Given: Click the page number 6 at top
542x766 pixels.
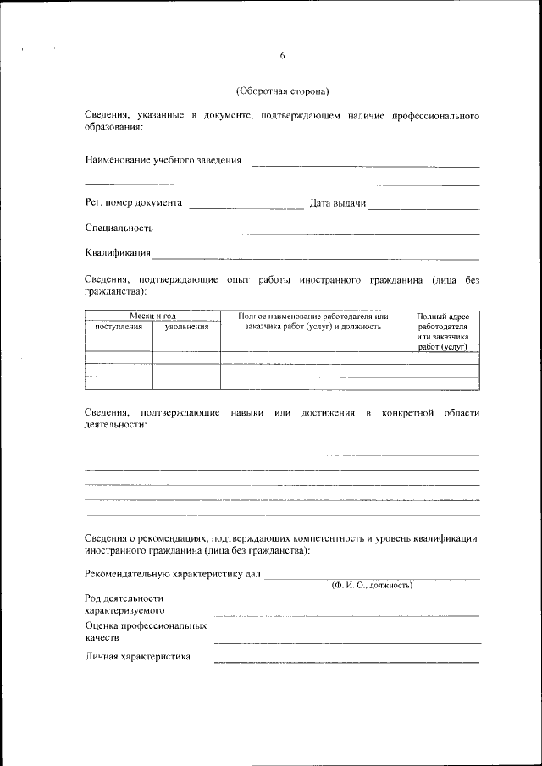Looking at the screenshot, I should click(x=282, y=56).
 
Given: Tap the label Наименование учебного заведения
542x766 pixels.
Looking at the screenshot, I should click(x=163, y=160).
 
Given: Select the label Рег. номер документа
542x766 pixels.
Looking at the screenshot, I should click(x=134, y=203).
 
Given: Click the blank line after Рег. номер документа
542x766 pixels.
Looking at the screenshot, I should click(x=246, y=206).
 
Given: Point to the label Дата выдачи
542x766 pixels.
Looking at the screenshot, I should click(x=337, y=203).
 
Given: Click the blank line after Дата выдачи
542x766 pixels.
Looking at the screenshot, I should click(x=423, y=206).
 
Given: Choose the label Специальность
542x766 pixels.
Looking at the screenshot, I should click(x=119, y=228).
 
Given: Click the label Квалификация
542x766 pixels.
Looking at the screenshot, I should click(x=118, y=252).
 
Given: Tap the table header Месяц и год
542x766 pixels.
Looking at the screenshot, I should click(x=152, y=316).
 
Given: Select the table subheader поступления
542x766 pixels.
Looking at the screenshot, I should click(x=119, y=326).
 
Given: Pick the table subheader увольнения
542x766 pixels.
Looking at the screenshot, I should click(x=186, y=326).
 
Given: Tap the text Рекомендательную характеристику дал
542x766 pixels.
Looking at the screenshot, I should click(x=174, y=574).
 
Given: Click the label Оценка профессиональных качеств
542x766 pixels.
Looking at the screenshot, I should click(x=146, y=631).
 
